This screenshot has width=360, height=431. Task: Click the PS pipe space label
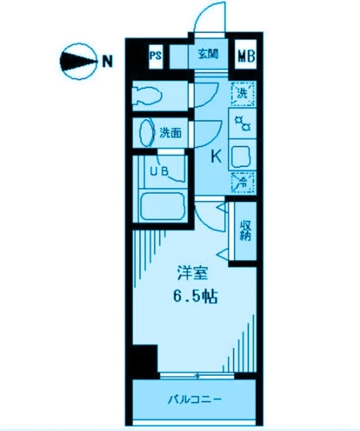tap(155, 56)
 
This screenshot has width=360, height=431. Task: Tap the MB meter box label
tap(246, 56)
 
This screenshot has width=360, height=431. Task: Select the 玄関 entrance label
tap(209, 54)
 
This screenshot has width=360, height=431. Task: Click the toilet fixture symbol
tap(147, 96)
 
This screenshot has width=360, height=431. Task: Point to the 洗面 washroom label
tap(170, 133)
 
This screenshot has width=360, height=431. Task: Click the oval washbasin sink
tap(147, 133)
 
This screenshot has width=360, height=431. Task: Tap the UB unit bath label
tap(159, 172)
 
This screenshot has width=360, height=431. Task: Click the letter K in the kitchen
tap(216, 157)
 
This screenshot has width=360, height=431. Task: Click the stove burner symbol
tap(243, 123)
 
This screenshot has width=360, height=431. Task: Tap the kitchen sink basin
tap(240, 157)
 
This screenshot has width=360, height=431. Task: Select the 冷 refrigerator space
tap(243, 183)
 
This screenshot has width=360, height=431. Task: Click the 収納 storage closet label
tap(245, 230)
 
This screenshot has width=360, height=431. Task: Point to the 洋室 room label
tap(192, 273)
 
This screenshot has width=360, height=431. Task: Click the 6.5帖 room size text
tap(195, 296)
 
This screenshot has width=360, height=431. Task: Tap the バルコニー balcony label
tap(194, 399)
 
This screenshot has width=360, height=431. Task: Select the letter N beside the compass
tap(108, 61)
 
